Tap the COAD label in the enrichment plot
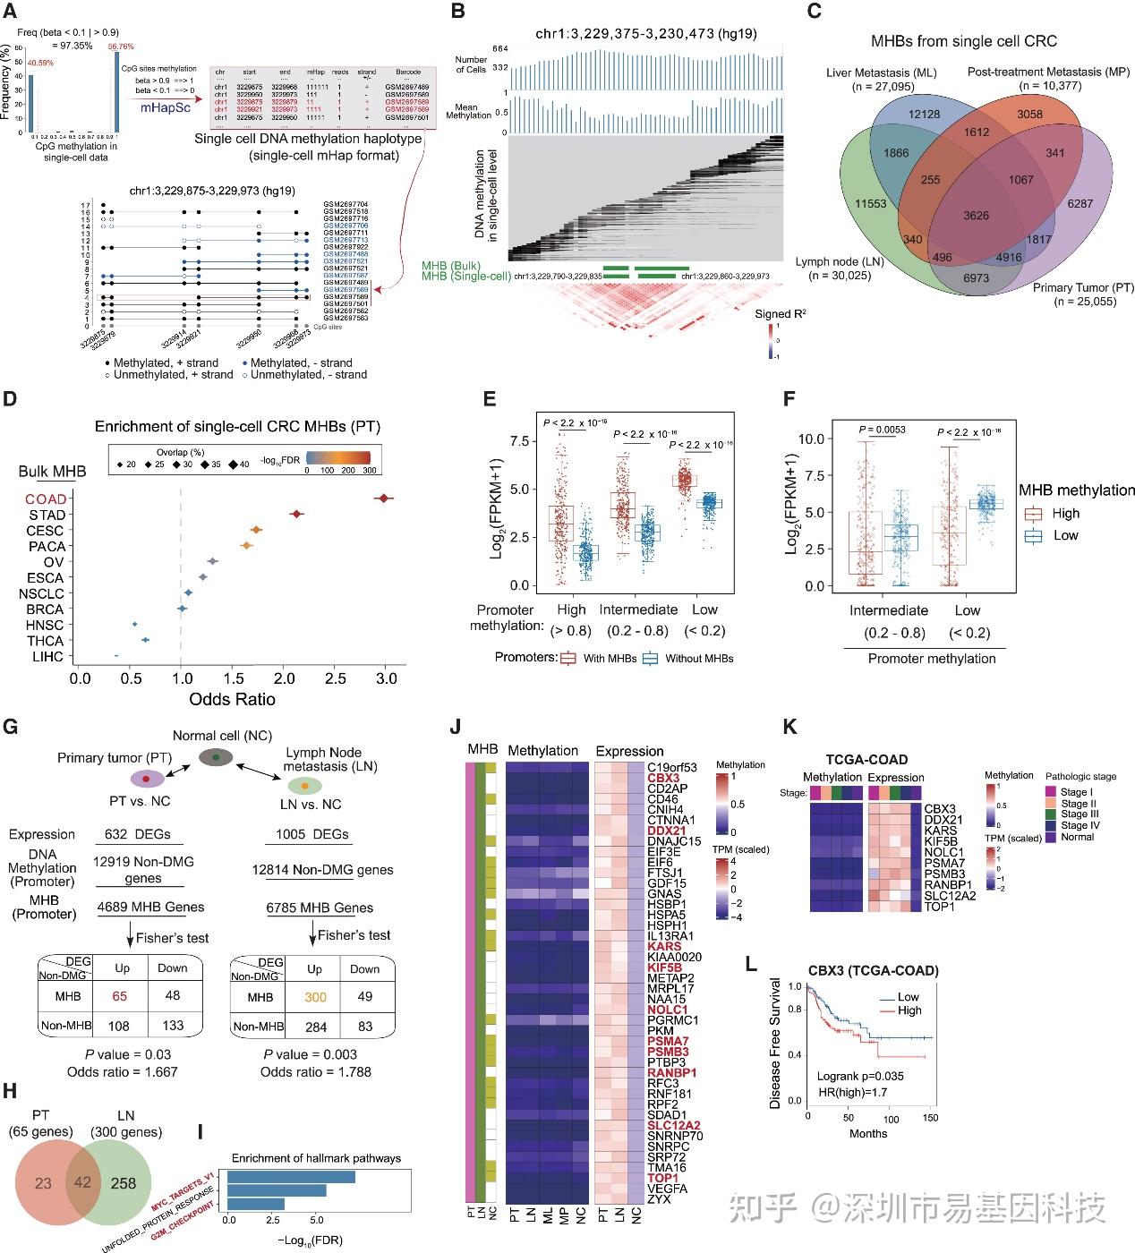45,499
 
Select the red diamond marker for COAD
383,499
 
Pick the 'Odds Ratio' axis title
232,699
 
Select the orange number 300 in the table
315,997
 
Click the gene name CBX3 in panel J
663,778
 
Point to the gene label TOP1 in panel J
662,1178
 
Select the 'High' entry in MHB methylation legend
1066,514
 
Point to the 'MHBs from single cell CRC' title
963,41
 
